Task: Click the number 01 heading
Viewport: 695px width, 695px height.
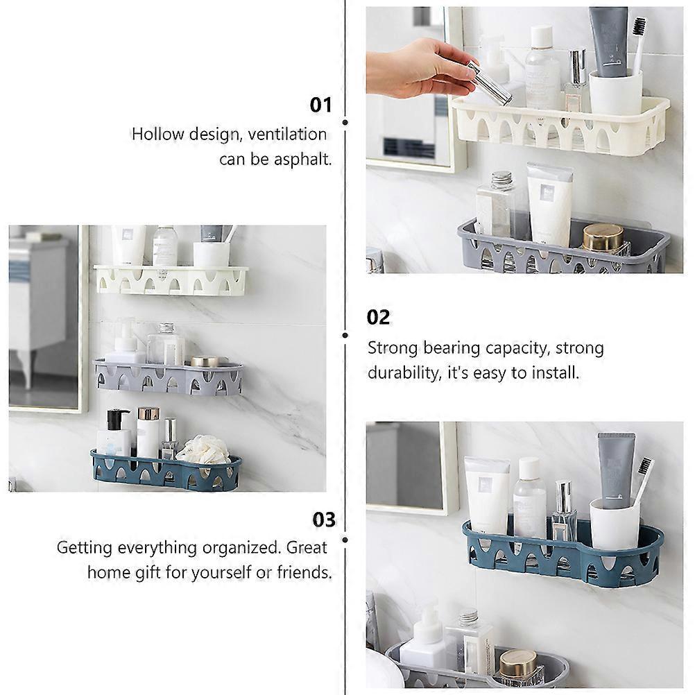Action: [x=320, y=105]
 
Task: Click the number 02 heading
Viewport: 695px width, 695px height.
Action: [x=378, y=318]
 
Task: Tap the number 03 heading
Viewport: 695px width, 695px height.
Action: [x=323, y=520]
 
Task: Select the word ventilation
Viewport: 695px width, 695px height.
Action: [x=287, y=134]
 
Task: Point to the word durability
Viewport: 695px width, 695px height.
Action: [x=404, y=372]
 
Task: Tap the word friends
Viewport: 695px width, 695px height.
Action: [x=304, y=572]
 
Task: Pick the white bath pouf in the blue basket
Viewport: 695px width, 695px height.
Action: [x=203, y=449]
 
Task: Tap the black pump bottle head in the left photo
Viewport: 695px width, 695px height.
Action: [x=119, y=418]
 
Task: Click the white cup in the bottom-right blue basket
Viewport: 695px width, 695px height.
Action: [x=615, y=525]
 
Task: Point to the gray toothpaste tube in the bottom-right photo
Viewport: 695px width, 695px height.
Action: [x=616, y=470]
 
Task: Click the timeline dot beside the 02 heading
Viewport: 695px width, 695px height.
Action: [x=345, y=336]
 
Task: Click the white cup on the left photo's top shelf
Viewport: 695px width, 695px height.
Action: [x=211, y=255]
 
